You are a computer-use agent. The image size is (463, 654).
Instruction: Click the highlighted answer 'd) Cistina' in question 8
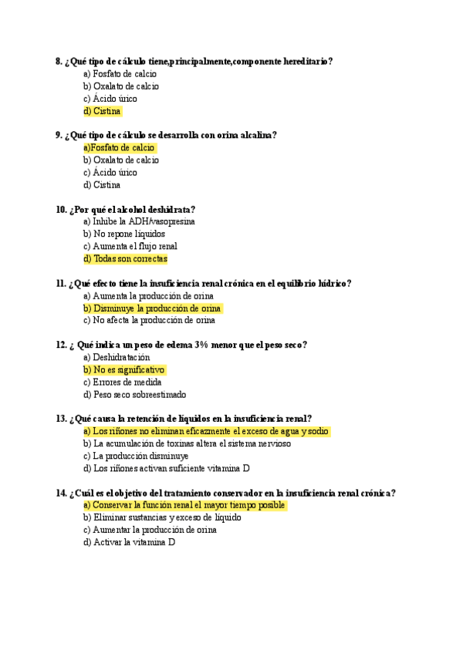point(102,111)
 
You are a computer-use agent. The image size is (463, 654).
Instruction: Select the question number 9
point(59,135)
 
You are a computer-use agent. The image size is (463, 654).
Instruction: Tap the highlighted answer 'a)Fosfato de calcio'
point(119,147)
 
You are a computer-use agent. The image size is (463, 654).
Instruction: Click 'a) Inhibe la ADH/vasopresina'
point(139,221)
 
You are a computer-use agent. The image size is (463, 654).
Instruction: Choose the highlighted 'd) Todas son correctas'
point(125,259)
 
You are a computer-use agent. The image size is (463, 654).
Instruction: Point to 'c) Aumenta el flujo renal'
point(130,247)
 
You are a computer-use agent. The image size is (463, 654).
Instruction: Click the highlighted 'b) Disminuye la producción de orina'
point(152,308)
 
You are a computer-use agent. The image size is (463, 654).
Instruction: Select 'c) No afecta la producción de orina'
point(149,321)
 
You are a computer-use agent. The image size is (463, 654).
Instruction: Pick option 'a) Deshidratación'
point(117,358)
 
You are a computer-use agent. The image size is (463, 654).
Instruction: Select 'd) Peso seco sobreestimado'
point(134,395)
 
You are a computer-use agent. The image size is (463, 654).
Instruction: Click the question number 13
point(61,419)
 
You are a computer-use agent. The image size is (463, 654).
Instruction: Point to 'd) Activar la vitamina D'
point(129,542)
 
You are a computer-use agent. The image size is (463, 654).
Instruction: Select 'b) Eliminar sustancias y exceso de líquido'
point(162,517)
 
